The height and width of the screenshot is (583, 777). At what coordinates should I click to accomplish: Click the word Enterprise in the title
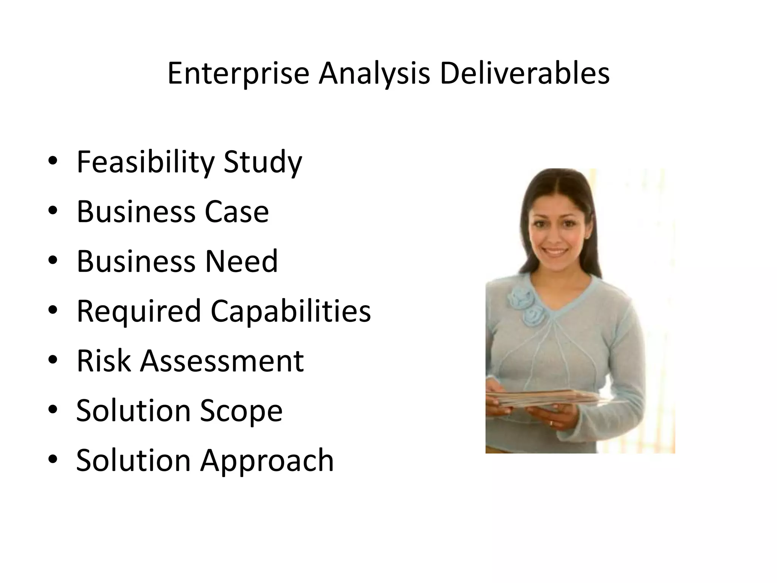click(238, 73)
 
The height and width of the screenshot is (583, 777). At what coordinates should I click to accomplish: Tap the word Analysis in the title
click(374, 73)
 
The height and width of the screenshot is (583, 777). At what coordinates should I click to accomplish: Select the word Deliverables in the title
click(524, 73)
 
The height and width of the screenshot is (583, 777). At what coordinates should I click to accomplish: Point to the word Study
click(263, 162)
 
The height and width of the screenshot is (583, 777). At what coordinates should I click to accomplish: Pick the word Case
click(237, 211)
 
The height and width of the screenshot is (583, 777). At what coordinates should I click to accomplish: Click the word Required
click(138, 311)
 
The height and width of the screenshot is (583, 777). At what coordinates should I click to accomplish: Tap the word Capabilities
click(291, 311)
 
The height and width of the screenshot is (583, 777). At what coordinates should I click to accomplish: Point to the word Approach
click(267, 460)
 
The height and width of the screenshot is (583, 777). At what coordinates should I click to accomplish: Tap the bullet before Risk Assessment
click(53, 359)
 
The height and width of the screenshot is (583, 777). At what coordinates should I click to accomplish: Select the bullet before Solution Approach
click(53, 459)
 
